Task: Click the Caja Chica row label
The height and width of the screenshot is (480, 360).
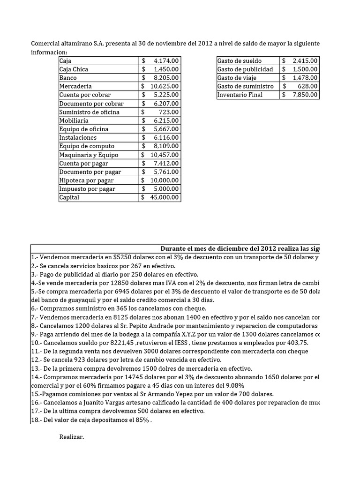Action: tap(74, 69)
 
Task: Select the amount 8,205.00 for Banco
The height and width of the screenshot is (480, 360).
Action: tap(166, 78)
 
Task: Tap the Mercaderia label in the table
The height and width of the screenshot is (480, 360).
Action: tap(75, 86)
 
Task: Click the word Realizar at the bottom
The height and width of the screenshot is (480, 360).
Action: tap(72, 437)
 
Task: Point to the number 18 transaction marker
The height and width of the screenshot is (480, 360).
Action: tap(35, 420)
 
